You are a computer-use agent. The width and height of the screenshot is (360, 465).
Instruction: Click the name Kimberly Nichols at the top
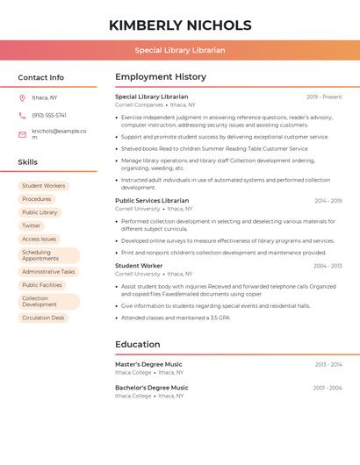pos(180,25)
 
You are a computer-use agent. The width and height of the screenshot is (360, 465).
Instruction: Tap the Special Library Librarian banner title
pos(180,50)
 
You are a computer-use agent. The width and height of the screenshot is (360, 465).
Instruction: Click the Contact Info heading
pos(40,77)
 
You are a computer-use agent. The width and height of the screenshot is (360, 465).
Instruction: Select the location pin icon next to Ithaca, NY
pos(22,97)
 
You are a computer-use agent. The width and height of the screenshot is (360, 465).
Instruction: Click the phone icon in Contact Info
pos(22,115)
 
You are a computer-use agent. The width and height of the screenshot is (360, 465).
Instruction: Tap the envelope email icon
pos(22,134)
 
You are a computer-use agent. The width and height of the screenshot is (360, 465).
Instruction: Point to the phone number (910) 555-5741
pos(49,115)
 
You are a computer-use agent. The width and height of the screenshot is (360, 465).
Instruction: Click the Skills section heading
pos(27,162)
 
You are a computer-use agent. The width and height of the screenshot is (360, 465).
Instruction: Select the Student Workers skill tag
pos(43,186)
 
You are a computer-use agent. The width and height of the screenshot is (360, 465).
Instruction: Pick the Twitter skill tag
pos(31,225)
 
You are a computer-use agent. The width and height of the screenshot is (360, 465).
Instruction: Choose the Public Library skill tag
pos(40,212)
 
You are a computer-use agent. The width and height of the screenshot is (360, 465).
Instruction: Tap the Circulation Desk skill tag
pos(43,318)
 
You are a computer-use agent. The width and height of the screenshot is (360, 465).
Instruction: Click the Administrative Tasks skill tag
pos(48,272)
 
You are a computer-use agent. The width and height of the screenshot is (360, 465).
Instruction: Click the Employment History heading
pos(161,76)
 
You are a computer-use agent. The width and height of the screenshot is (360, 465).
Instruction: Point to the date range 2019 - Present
pos(324,97)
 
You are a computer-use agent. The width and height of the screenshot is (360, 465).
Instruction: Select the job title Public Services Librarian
pos(152,200)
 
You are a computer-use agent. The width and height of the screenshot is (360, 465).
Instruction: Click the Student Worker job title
pos(139,265)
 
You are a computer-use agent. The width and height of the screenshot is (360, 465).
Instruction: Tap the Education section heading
pos(138,345)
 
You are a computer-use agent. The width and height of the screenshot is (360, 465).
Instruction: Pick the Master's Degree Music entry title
pos(148,364)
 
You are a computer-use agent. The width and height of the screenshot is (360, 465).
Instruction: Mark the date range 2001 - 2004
pos(327,387)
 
